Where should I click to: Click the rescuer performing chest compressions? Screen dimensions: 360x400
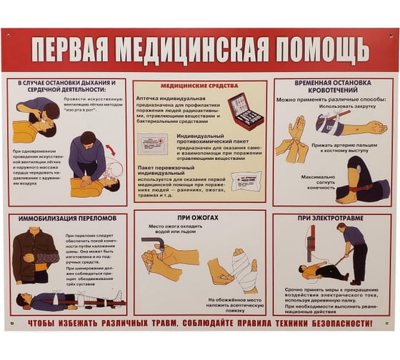(x=87, y=157)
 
